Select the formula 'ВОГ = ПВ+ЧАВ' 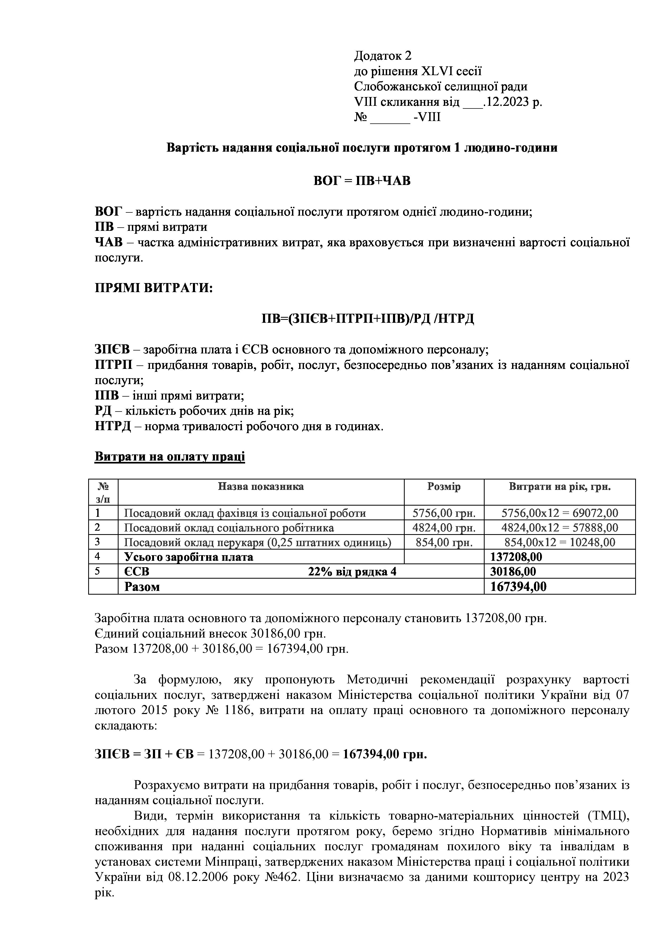[x=362, y=180]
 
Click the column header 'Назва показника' [x=261, y=487]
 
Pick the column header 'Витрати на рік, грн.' [x=560, y=487]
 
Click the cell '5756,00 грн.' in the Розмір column [x=444, y=513]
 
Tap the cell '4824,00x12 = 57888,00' [x=560, y=528]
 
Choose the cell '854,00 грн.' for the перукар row [x=444, y=542]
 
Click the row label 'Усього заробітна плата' [x=188, y=557]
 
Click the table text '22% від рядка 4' [x=352, y=572]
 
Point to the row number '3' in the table [x=98, y=542]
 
